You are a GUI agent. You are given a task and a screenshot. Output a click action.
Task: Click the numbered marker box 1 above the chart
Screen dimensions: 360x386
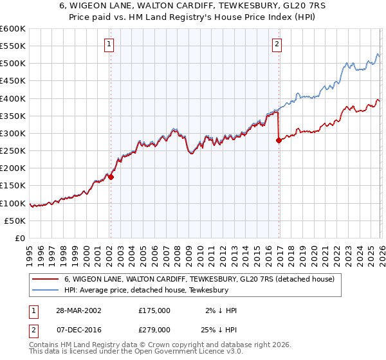click(109, 44)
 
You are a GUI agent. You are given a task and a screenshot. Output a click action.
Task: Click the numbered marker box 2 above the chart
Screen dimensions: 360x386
click(277, 44)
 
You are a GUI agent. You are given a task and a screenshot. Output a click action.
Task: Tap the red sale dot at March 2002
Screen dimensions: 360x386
click(111, 177)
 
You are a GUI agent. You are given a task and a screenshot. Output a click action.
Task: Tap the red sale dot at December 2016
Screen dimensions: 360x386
click(279, 141)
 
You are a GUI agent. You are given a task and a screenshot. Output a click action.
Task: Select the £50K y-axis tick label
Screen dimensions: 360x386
click(15, 221)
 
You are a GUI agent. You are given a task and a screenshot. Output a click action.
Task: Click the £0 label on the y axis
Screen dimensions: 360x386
click(21, 238)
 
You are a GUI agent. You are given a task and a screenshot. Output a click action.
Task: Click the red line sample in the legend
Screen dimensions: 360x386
click(45, 280)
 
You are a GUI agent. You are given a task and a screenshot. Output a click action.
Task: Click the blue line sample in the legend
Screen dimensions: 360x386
click(45, 291)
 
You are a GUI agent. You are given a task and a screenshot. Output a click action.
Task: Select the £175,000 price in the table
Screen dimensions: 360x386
click(154, 310)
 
